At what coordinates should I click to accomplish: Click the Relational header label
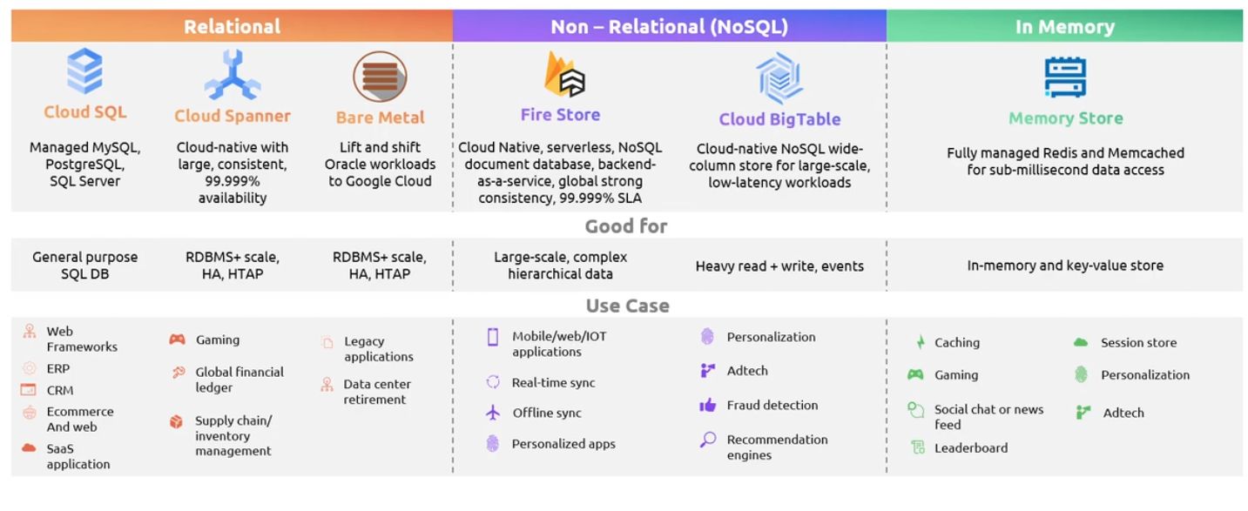[232, 27]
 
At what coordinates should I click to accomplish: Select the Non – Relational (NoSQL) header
[669, 27]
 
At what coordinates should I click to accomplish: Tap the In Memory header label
[1064, 27]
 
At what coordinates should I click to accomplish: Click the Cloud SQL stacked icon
[84, 71]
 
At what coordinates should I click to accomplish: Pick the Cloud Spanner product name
[233, 116]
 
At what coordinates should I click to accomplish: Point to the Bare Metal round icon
[380, 77]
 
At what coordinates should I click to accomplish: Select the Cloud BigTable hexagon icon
[779, 77]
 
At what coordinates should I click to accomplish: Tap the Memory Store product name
[1065, 118]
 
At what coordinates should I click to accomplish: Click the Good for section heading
[626, 226]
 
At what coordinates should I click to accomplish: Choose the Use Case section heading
[627, 306]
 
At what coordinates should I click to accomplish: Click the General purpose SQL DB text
[84, 266]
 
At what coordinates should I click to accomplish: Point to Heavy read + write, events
[779, 266]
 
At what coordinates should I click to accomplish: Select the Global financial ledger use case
[239, 380]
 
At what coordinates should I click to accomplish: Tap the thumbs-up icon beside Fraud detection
[707, 405]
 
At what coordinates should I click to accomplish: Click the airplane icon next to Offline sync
[493, 413]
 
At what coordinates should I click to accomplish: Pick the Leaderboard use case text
[970, 447]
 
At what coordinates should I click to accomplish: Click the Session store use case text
[1137, 343]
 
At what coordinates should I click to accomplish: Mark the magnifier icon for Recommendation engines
[708, 440]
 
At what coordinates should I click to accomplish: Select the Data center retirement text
[376, 392]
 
